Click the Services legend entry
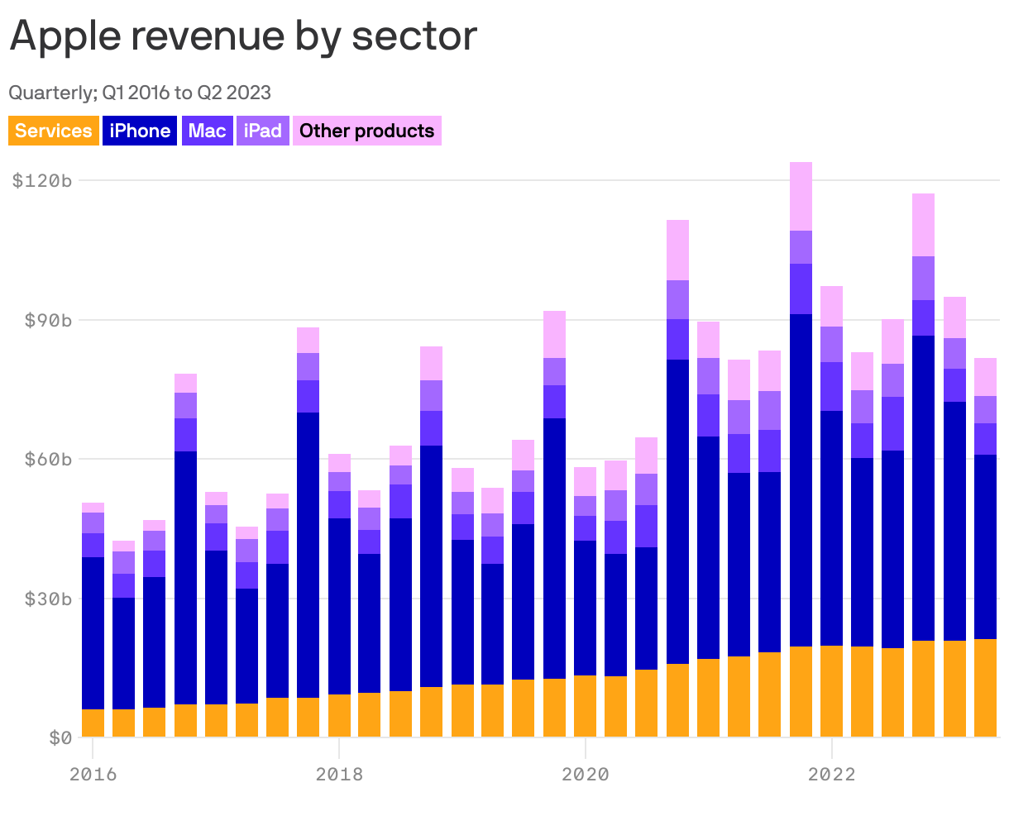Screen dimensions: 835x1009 pyautogui.click(x=54, y=131)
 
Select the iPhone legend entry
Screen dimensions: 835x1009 pyautogui.click(x=140, y=131)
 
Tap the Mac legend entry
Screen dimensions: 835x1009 pyautogui.click(x=207, y=131)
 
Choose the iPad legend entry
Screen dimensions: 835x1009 pyautogui.click(x=263, y=131)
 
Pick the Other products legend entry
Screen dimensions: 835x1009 pyautogui.click(x=366, y=131)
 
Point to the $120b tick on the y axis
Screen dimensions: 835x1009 pyautogui.click(x=42, y=180)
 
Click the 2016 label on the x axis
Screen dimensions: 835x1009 pyautogui.click(x=93, y=775)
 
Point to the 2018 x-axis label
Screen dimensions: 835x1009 pyautogui.click(x=339, y=775)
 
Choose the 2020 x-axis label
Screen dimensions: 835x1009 pyautogui.click(x=586, y=775)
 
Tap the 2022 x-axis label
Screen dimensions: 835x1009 pyautogui.click(x=831, y=775)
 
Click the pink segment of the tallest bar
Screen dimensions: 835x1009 pyautogui.click(x=801, y=196)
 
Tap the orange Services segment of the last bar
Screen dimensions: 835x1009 pyautogui.click(x=985, y=688)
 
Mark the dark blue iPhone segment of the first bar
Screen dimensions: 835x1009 pyautogui.click(x=93, y=632)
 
